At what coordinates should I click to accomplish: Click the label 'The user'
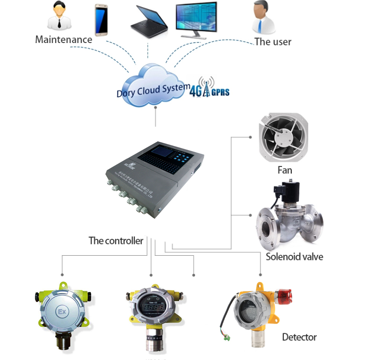[273, 42]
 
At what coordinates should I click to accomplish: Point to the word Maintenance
[64, 40]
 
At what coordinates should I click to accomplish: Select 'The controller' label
[116, 241]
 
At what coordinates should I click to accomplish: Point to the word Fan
[285, 170]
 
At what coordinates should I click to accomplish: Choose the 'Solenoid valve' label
[295, 257]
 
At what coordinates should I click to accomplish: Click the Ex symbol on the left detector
[61, 311]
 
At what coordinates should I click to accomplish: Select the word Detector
[299, 337]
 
